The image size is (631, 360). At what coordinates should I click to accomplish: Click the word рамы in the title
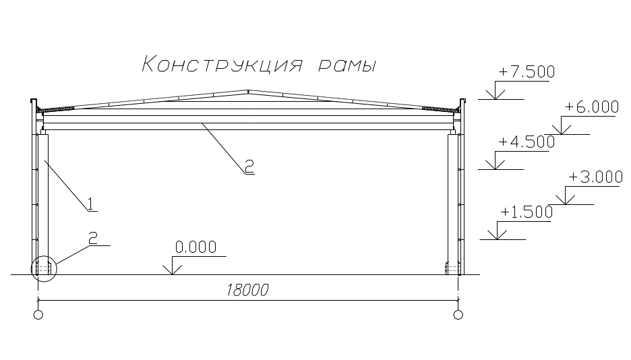pos(345,66)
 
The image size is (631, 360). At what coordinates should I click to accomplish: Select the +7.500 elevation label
pos(526,72)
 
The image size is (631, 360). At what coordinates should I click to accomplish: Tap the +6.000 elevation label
pos(591,107)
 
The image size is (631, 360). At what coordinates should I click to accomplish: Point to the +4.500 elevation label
pos(526,142)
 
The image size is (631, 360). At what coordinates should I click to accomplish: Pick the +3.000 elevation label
pos(595,177)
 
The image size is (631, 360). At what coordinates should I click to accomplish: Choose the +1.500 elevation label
pos(526,212)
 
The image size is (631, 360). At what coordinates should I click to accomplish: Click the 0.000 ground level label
pos(196,247)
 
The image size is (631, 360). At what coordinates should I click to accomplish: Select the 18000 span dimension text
pos(247,291)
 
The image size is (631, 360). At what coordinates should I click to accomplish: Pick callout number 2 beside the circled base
pos(93,237)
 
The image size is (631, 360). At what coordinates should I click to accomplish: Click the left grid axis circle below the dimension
pos(38,314)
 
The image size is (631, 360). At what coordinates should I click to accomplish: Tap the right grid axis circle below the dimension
pos(458,314)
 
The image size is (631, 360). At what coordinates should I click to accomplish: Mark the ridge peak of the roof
pos(249,90)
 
